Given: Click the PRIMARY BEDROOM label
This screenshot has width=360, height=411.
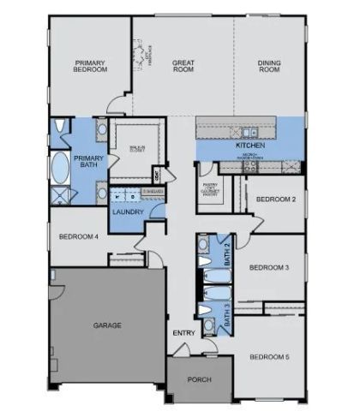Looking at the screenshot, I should point(90,67).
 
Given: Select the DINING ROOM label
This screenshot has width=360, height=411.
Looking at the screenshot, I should point(271,66).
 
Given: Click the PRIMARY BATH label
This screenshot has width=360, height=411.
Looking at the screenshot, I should point(88,163).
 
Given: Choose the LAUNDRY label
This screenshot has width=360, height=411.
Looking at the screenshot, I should point(127,211).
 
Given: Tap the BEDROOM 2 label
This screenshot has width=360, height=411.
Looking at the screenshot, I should point(276,200).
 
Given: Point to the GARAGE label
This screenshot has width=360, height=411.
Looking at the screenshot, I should point(107,325).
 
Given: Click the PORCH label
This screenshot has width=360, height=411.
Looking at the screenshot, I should point(199,379).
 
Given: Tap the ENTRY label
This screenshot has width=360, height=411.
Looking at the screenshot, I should point(183,333).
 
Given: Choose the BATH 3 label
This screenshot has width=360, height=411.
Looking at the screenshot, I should point(227,317).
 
